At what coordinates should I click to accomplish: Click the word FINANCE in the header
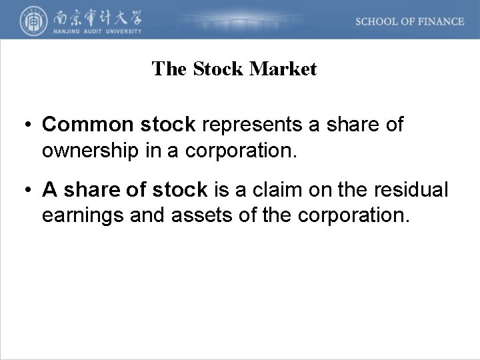tap(441, 21)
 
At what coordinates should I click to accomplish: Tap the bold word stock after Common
tap(166, 125)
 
